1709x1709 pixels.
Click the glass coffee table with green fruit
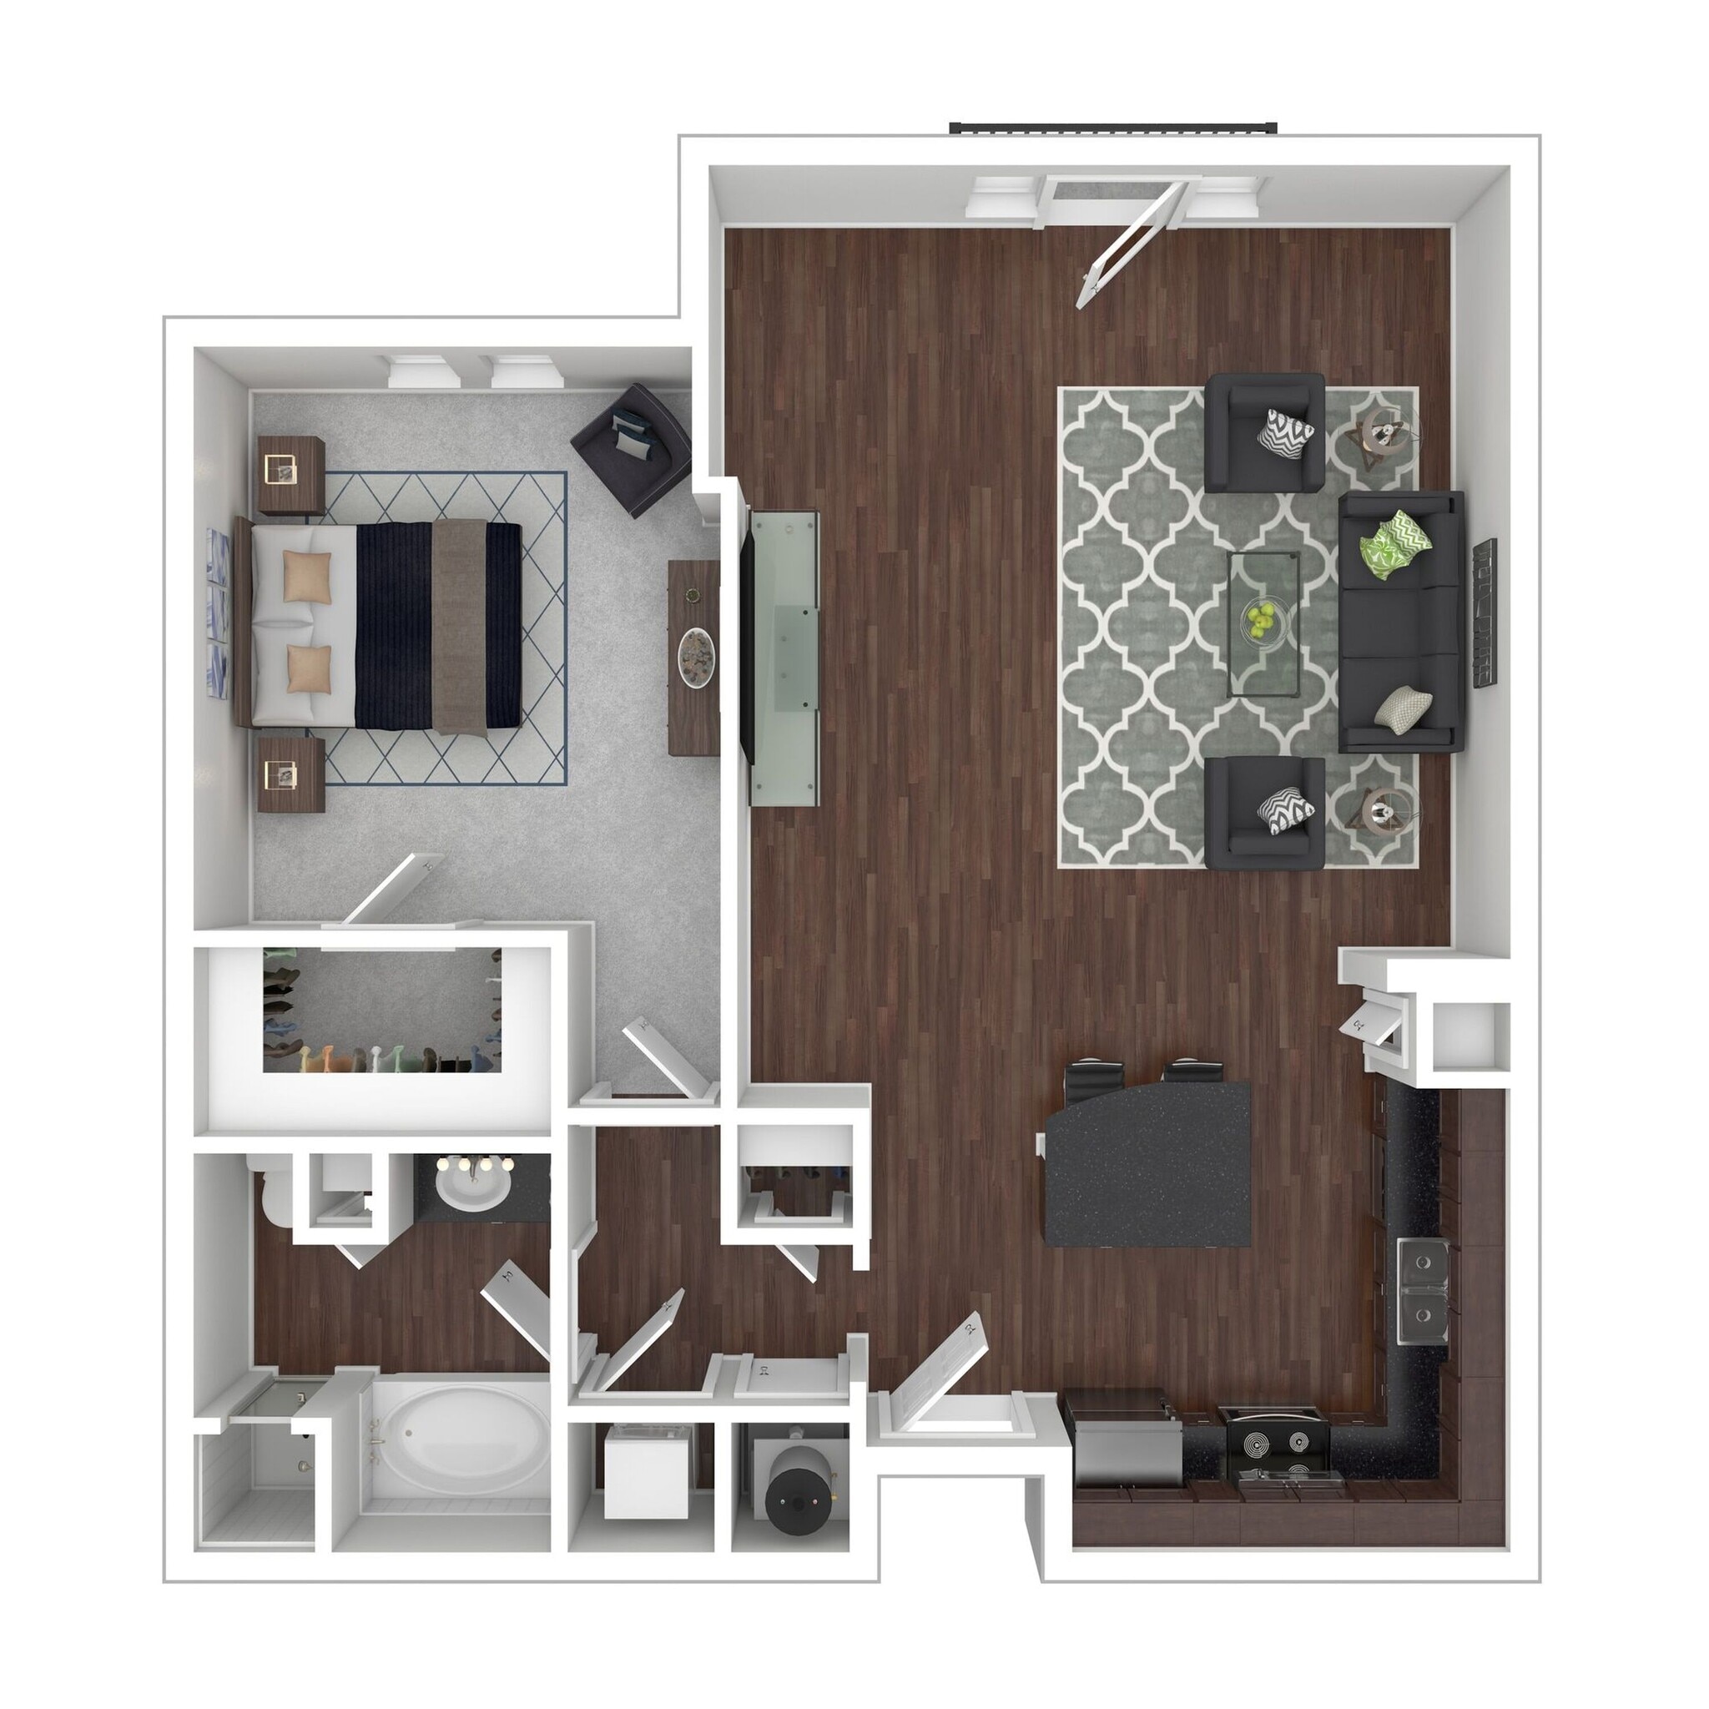click(x=1263, y=623)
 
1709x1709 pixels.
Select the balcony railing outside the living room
click(x=1114, y=128)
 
